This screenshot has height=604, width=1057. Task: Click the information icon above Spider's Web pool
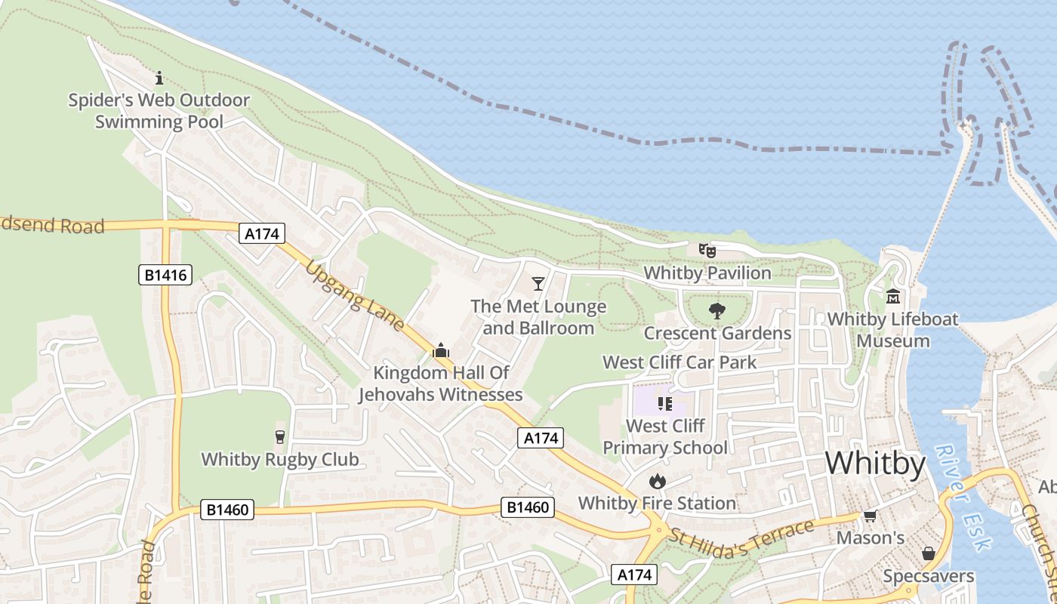159,78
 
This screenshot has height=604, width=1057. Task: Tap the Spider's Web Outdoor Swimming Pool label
159,111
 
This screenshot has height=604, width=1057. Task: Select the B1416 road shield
165,275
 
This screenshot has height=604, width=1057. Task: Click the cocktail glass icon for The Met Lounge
538,284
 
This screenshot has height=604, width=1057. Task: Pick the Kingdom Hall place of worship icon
441,350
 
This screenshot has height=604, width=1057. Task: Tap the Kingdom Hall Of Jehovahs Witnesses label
441,384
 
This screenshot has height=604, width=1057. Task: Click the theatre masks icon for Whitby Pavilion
707,250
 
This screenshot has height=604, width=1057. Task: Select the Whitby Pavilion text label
707,273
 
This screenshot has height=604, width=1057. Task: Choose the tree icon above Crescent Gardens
716,310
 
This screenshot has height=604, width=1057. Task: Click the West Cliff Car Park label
679,362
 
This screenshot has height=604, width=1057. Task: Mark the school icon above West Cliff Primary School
664,404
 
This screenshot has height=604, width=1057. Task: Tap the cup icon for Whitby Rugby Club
280,437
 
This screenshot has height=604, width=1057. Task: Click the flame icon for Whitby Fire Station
657,481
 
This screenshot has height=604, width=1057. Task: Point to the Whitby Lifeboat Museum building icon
894,297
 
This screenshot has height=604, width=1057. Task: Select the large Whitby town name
875,463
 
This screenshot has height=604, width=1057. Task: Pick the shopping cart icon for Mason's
870,516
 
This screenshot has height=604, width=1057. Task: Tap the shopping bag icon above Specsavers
929,553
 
